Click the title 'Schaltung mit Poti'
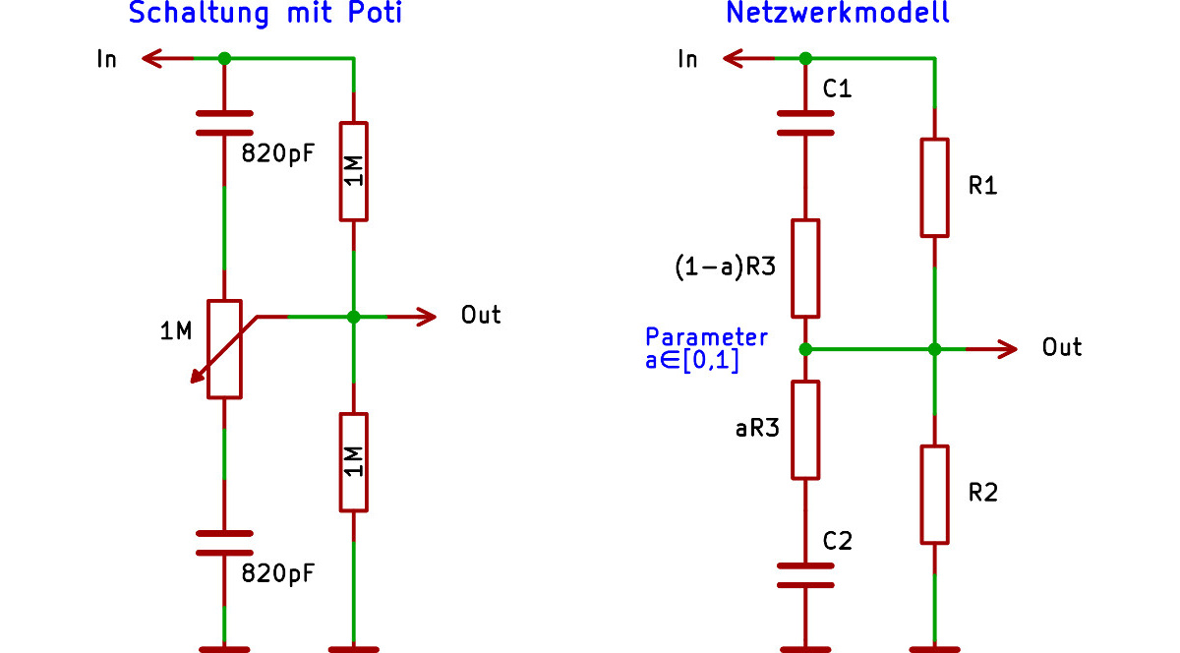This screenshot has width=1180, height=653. point(265,14)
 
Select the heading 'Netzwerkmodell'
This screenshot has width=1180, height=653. point(837,14)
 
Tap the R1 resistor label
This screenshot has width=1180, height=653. point(982,185)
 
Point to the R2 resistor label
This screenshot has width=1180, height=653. point(982,492)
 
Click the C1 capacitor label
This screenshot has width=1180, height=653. point(837,89)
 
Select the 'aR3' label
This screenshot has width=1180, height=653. point(757,429)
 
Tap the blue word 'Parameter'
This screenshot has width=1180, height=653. point(706,336)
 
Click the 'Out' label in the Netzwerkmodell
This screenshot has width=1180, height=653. point(1062,348)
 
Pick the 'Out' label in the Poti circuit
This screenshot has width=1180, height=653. point(481,315)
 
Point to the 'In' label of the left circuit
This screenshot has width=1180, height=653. point(106,59)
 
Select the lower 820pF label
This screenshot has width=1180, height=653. point(278,573)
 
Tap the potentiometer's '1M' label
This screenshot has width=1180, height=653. point(176,332)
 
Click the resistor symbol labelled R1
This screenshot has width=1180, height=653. point(934,188)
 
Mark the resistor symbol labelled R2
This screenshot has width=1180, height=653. point(934,494)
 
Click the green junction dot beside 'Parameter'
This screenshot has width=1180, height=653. point(805,348)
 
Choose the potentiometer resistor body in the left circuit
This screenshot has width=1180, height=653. point(225,349)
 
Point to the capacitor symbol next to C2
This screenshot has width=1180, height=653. point(805,575)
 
